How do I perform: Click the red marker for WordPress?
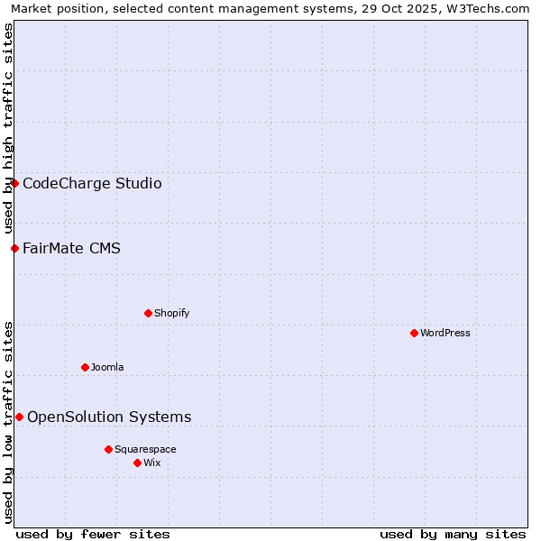click(414, 333)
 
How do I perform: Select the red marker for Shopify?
click(148, 313)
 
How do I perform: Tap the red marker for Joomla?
click(85, 367)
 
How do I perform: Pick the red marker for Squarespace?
click(108, 449)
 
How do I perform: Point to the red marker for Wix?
click(137, 463)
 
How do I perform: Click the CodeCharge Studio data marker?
click(14, 183)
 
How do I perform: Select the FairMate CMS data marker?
click(14, 248)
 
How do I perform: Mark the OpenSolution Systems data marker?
click(19, 417)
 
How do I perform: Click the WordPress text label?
click(445, 333)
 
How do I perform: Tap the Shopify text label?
click(171, 313)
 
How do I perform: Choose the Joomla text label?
click(107, 367)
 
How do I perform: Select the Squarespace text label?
click(145, 449)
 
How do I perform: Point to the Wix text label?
click(151, 463)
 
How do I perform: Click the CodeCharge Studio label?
click(92, 184)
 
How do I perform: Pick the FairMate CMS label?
click(71, 249)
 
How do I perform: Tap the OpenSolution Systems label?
click(109, 417)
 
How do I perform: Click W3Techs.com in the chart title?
click(492, 9)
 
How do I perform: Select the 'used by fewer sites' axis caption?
click(93, 534)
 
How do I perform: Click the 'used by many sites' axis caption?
click(453, 534)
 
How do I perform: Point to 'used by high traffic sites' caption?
click(8, 129)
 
